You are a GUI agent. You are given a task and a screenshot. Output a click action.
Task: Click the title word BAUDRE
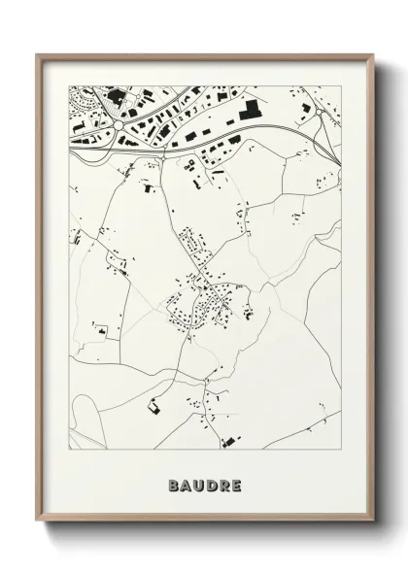pyautogui.click(x=203, y=484)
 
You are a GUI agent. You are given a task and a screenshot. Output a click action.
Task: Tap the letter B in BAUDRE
pyautogui.click(x=172, y=484)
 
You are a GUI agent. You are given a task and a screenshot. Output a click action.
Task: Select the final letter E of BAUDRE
pyautogui.click(x=236, y=484)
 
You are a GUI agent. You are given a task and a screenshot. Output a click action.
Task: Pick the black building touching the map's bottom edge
pyautogui.click(x=229, y=443)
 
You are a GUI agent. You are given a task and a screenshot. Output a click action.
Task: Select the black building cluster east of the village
pyautogui.click(x=247, y=313)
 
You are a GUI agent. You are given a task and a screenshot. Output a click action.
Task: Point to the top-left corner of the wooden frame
pyautogui.click(x=37, y=55)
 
